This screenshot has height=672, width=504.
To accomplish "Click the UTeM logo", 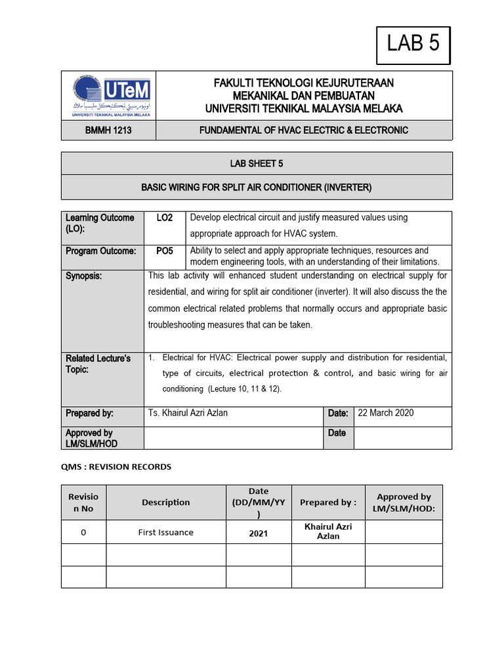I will click(108, 95).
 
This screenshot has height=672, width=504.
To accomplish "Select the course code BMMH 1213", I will click(108, 131).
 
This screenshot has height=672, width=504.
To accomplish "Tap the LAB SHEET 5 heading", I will click(257, 163).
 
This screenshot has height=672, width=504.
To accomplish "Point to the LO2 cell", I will click(165, 218).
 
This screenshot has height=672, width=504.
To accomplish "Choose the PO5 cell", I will click(165, 251).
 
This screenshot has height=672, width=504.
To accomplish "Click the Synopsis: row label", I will click(84, 276).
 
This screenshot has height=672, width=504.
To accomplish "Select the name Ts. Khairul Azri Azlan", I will click(188, 413).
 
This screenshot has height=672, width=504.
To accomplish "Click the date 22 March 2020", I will click(386, 413).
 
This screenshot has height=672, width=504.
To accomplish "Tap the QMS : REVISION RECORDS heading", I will click(116, 467).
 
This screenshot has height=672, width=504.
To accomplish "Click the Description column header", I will click(166, 502).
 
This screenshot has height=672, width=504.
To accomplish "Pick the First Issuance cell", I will click(166, 532).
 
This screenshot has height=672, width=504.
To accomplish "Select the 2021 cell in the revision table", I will click(258, 534).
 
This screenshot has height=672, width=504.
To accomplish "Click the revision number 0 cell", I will click(83, 532).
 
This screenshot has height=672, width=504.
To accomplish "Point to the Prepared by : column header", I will click(328, 502).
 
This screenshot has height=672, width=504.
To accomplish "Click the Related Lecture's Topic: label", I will click(98, 364).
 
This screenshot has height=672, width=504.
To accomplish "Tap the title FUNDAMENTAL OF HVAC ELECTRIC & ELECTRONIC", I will click(304, 131).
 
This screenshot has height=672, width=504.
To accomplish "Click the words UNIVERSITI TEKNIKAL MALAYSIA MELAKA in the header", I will click(304, 108).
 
